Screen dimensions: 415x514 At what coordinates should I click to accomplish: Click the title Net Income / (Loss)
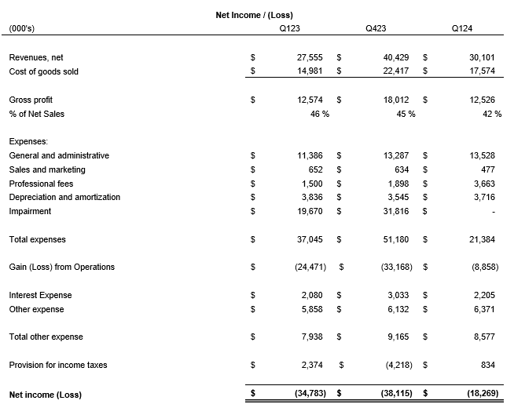click(x=254, y=15)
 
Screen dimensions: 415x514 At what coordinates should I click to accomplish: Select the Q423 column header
click(x=376, y=29)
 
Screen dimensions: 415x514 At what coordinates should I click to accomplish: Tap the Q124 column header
click(x=462, y=29)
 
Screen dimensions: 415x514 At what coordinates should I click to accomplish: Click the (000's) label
click(x=21, y=29)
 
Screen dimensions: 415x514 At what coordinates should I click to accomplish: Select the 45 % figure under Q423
click(x=404, y=114)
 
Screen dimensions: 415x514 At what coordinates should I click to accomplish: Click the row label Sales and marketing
click(x=47, y=169)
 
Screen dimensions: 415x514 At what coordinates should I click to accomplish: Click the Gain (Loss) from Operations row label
click(x=61, y=267)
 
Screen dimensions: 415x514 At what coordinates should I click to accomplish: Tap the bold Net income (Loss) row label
click(x=45, y=394)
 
